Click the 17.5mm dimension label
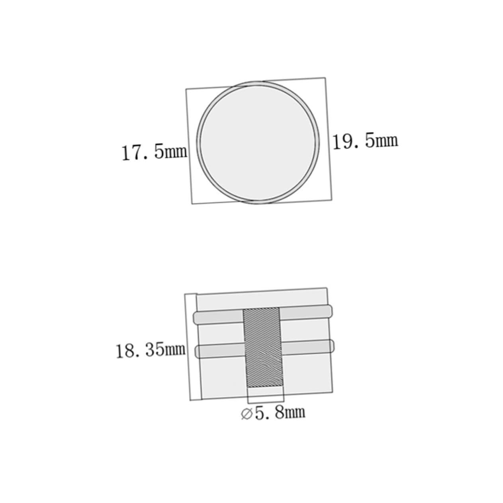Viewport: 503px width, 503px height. click(x=154, y=152)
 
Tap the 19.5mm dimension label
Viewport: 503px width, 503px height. click(x=365, y=141)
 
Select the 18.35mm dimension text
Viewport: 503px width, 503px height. click(x=151, y=350)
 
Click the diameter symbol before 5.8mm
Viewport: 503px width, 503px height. click(x=247, y=414)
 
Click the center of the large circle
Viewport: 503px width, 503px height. click(x=258, y=142)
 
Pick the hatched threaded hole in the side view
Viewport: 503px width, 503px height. click(x=263, y=347)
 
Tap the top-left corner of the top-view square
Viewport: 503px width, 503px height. click(x=186, y=89)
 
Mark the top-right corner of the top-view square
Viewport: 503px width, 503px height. click(x=325, y=78)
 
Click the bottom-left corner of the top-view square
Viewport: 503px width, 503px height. click(x=192, y=204)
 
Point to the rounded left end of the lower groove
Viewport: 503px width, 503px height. click(x=198, y=352)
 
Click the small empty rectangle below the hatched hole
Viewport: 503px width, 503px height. click(x=266, y=394)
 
